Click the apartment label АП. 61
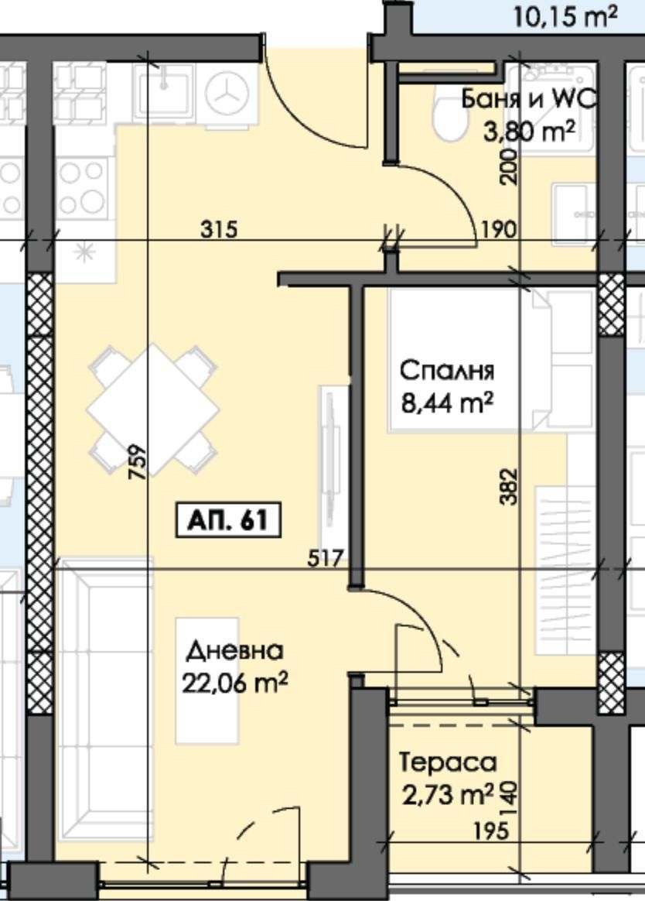coord(227,520)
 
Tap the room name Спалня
coord(446,371)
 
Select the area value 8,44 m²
coord(446,403)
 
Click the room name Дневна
coord(234,651)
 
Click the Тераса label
coord(448,762)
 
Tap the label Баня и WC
coord(529,99)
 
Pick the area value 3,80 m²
coord(529,131)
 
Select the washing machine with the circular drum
coord(227,93)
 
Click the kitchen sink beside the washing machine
coord(163,91)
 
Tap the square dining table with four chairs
coord(152,408)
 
